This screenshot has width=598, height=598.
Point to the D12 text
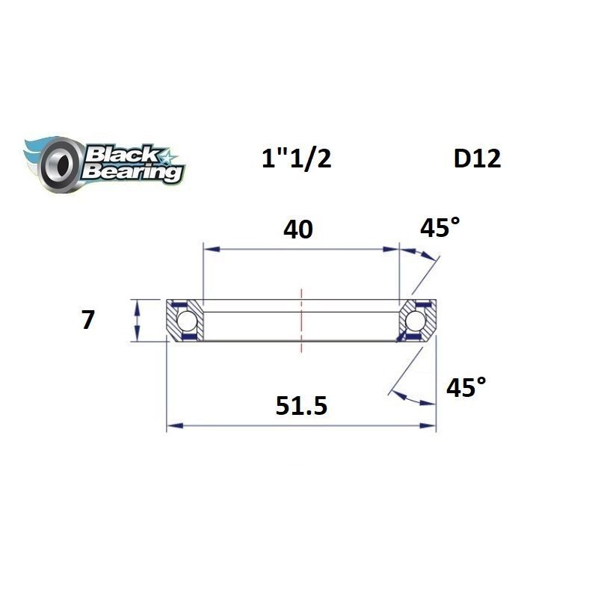pos(476,158)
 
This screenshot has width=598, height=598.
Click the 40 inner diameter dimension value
pos(298,230)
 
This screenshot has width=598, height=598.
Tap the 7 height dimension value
pos(88,320)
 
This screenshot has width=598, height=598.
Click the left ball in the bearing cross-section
pos(186,321)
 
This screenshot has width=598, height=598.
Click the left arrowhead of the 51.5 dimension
pos(171,426)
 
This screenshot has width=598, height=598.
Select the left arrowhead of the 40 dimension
pos(209,249)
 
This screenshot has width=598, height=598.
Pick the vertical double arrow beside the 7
pos(136,320)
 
